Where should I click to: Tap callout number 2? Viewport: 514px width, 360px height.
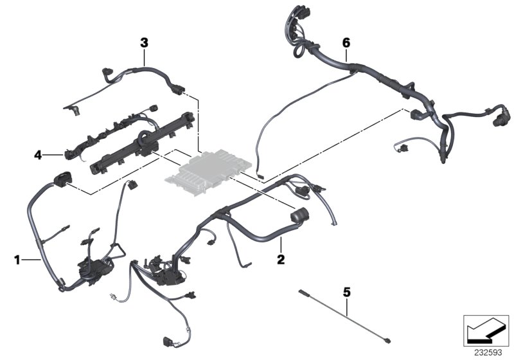[280, 261]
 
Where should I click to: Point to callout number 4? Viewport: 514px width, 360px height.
[39, 154]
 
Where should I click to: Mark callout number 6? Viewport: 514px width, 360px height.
[346, 42]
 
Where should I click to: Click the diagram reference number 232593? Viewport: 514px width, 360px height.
[486, 352]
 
